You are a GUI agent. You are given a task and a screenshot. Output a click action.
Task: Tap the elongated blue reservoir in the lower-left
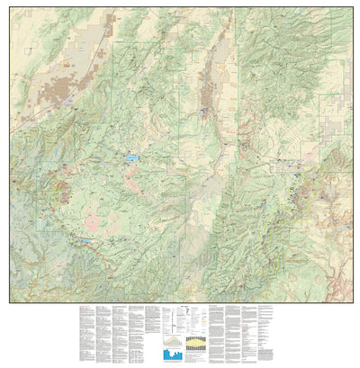pos(83,240)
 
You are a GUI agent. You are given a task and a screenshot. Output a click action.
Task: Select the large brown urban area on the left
pos(66,91)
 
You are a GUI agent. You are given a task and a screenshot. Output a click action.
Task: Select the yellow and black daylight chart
pos(193,341)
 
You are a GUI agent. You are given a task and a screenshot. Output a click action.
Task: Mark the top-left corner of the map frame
pos(9,9)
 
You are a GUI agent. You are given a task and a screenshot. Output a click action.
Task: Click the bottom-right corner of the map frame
pos(351,302)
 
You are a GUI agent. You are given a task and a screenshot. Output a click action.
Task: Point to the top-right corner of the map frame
pos(351,9)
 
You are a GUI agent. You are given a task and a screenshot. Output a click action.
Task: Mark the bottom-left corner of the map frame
pos(9,302)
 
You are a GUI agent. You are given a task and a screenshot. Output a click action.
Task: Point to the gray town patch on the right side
pos(291,165)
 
